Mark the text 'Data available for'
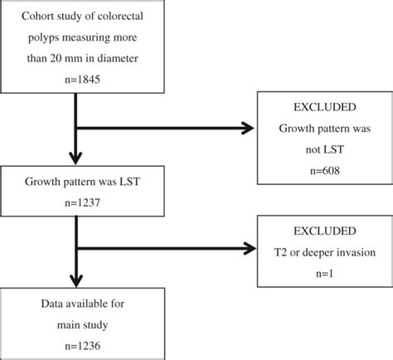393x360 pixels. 75,302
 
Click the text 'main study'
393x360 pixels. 75,321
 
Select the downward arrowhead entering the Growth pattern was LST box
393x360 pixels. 75,160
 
